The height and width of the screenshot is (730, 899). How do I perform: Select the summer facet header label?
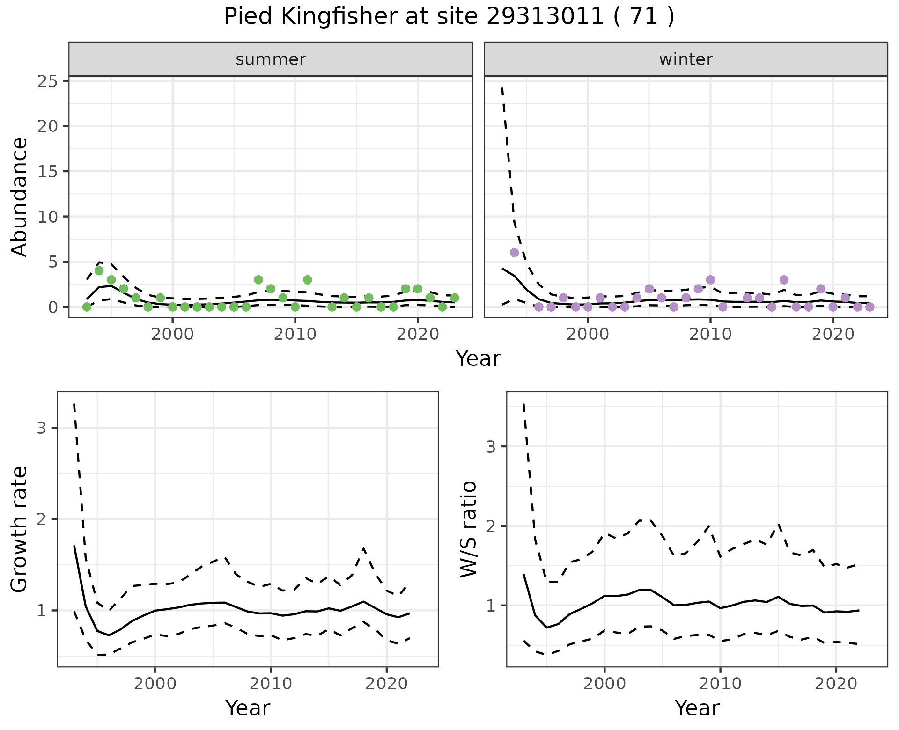(271, 59)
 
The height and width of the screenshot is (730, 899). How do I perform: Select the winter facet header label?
(686, 59)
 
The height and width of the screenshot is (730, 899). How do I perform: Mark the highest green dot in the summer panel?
(99, 271)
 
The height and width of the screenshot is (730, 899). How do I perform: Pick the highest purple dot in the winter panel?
(514, 253)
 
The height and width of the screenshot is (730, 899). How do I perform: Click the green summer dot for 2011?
(307, 280)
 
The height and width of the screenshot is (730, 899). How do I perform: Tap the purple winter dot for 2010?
(710, 280)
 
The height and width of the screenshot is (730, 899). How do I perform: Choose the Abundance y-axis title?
(20, 197)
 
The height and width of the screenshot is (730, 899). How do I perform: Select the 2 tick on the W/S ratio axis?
(490, 526)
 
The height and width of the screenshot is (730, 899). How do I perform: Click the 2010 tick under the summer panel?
(295, 335)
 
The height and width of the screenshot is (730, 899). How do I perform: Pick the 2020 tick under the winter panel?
(833, 335)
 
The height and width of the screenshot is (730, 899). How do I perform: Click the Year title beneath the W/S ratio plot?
(697, 708)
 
